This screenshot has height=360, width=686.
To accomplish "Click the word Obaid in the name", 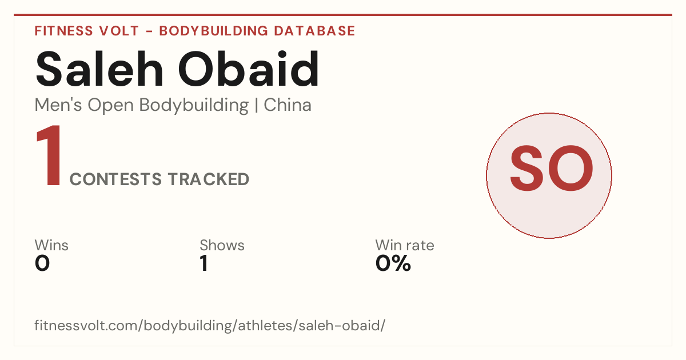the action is (x=249, y=69).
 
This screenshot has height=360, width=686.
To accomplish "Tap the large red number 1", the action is (x=49, y=155).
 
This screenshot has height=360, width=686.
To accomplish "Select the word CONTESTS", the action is (x=115, y=179).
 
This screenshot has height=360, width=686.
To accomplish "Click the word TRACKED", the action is (x=209, y=179).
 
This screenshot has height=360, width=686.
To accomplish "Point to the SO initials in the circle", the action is (x=551, y=168).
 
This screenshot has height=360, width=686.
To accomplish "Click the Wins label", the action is (x=51, y=245).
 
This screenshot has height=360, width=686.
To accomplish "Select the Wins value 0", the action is (x=42, y=263).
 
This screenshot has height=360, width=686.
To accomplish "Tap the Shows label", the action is (x=222, y=245).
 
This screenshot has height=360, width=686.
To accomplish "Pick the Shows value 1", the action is (x=204, y=263).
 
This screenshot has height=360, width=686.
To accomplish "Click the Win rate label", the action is (x=405, y=245).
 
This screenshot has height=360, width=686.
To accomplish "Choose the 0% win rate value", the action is (x=393, y=263).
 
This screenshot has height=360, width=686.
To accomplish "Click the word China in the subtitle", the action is (x=288, y=105).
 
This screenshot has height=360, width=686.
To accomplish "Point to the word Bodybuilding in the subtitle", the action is (x=194, y=106).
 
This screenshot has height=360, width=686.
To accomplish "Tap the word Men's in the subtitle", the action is (x=58, y=105).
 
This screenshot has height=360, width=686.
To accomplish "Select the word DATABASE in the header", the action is (x=314, y=31).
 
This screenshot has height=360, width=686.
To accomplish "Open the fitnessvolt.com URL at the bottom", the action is (x=210, y=326).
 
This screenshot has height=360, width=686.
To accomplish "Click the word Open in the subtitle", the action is (x=111, y=106).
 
